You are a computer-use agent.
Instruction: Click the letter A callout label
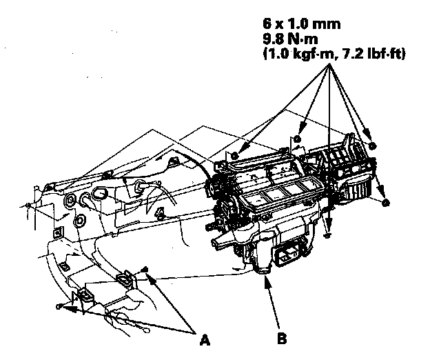(x=204, y=339)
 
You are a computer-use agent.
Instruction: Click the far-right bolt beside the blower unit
(x=385, y=202)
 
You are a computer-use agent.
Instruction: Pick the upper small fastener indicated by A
(x=147, y=270)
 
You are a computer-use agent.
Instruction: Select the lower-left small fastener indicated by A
(x=61, y=306)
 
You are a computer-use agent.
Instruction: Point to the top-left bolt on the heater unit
(x=236, y=154)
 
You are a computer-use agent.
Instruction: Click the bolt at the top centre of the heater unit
(x=296, y=140)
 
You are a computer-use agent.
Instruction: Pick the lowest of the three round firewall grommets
(x=79, y=221)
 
